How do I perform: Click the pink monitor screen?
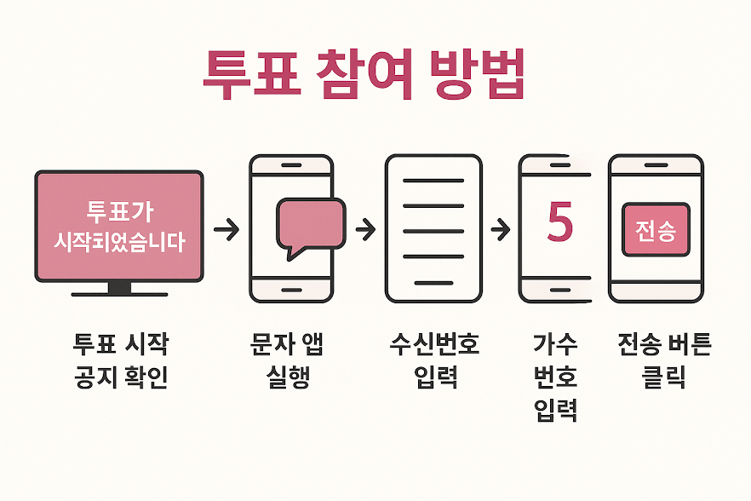click(x=119, y=226)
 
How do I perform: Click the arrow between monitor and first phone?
click(x=226, y=228)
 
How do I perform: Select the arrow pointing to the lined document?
click(x=364, y=228)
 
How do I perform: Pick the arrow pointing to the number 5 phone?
click(x=500, y=228)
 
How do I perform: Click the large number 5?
click(x=559, y=221)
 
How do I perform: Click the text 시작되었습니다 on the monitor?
click(x=119, y=242)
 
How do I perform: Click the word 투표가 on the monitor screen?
click(x=119, y=210)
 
